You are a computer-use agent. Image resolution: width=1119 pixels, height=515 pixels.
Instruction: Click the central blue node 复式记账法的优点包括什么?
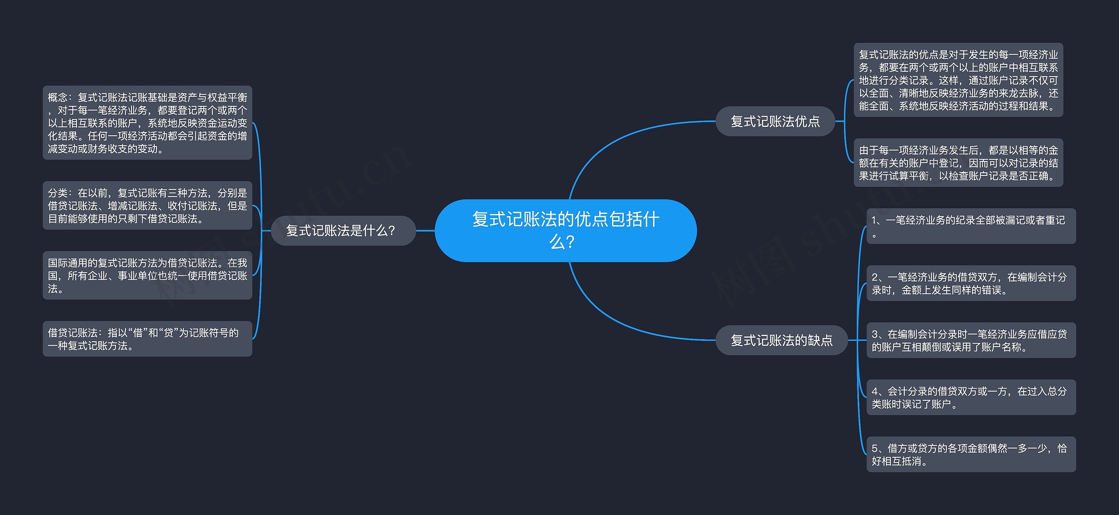point(566,230)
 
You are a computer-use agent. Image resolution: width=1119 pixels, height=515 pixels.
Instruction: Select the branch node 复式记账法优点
point(775,121)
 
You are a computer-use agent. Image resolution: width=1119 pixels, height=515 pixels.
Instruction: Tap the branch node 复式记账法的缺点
point(781,340)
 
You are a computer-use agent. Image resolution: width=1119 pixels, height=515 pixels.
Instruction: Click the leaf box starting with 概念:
point(147,123)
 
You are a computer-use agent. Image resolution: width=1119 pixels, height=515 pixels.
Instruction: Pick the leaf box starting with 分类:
point(147,206)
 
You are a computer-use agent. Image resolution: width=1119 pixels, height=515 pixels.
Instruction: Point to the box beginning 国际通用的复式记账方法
point(147,275)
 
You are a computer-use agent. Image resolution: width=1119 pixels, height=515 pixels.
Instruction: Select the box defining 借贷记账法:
point(147,339)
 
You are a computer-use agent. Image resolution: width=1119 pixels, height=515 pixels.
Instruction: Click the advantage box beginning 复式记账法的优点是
point(958,80)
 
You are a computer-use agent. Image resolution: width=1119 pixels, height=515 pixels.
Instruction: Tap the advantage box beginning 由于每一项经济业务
point(958,163)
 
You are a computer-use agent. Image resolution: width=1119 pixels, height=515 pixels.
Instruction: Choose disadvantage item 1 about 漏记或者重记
point(971,226)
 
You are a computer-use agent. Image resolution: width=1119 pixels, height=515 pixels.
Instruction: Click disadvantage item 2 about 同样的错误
point(971,283)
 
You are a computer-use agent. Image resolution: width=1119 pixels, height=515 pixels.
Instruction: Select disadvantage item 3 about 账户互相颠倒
point(971,340)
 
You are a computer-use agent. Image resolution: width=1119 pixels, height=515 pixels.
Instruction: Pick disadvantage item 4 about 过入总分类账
point(971,397)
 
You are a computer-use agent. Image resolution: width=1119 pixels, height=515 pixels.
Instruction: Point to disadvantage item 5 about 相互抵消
point(971,454)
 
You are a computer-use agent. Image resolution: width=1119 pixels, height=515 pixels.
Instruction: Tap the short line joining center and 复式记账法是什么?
point(425,231)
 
